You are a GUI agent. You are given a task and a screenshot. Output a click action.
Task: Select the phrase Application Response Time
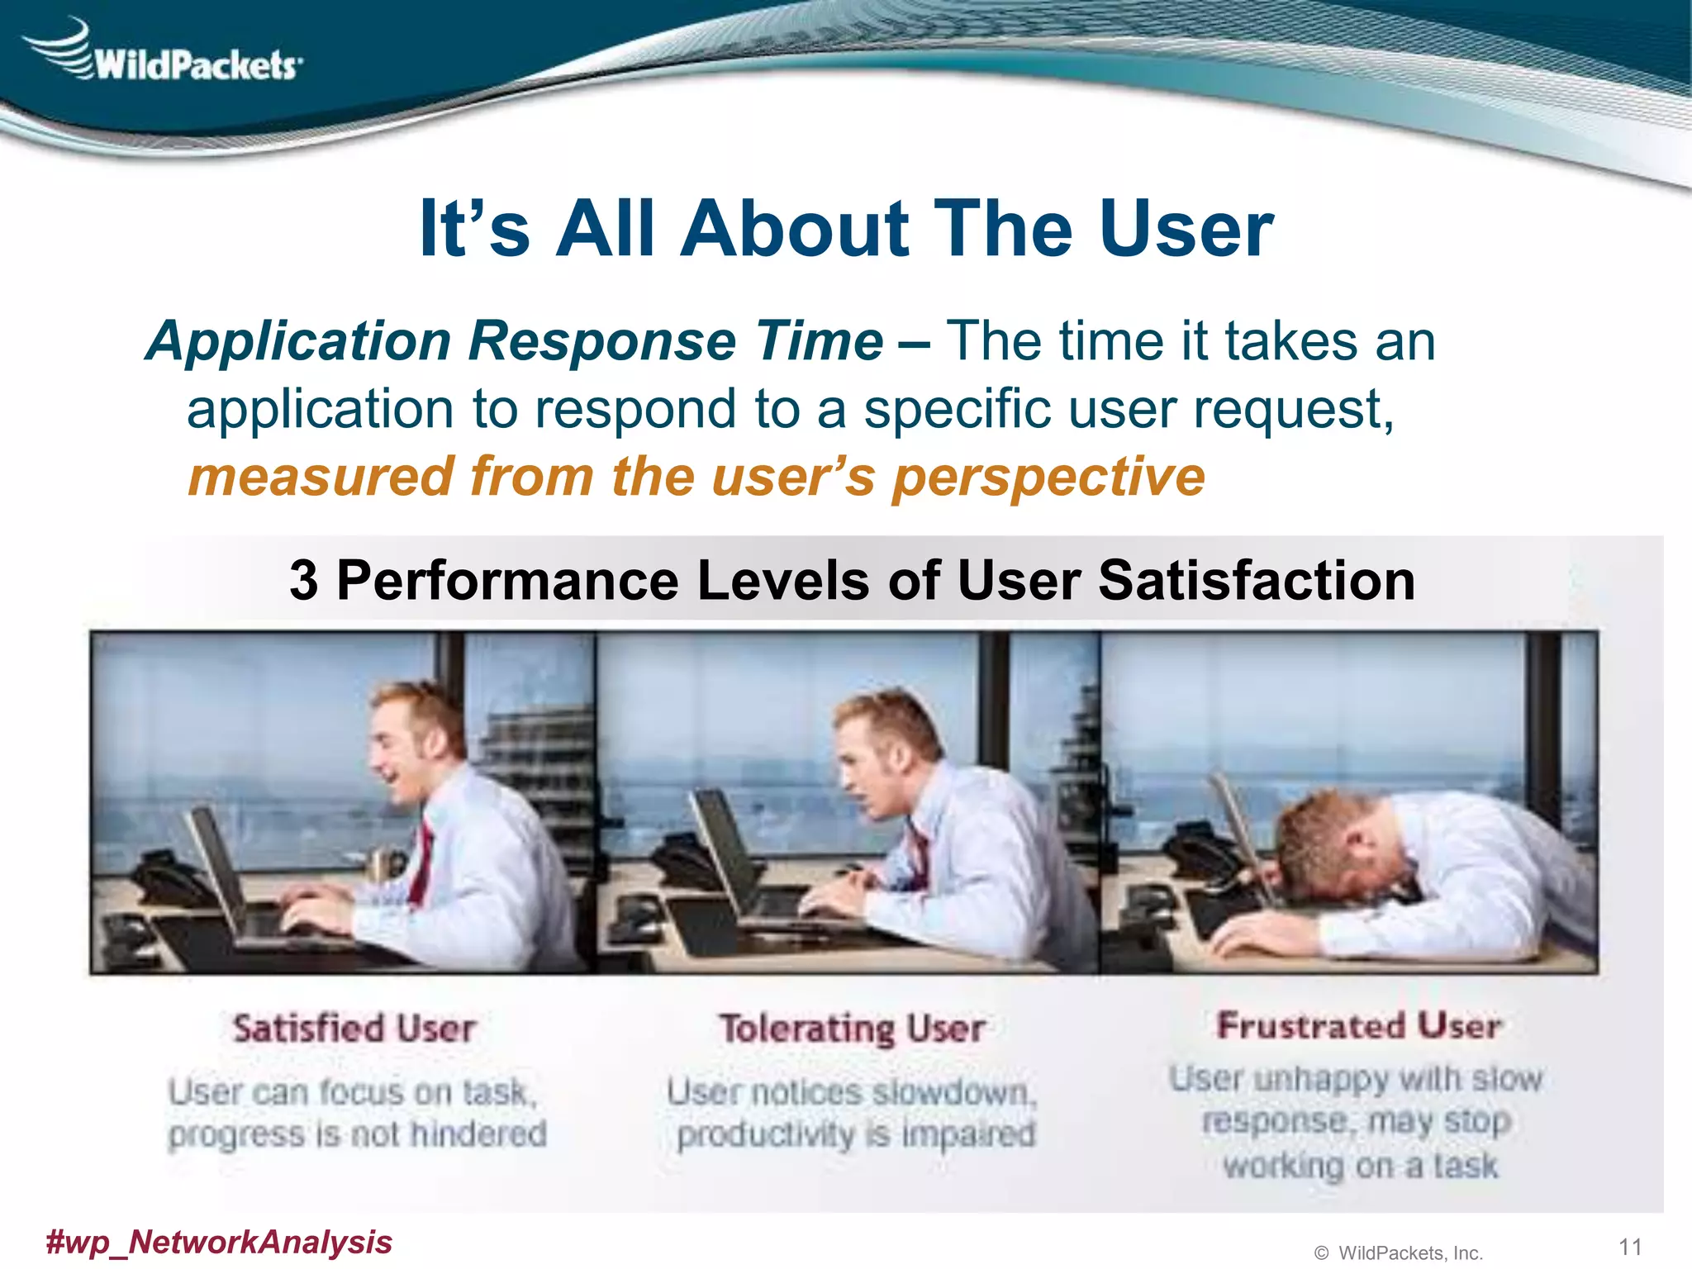point(515,341)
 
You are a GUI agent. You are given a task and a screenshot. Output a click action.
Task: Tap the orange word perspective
point(1049,478)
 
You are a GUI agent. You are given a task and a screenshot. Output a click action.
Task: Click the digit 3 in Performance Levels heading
point(303,581)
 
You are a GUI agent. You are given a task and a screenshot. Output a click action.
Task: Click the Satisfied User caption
point(354,1029)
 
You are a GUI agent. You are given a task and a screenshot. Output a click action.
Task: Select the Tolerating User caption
point(852,1029)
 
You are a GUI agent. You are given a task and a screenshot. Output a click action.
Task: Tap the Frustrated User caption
point(1358,1026)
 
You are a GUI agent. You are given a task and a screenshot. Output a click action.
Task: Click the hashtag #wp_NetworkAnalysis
point(219,1242)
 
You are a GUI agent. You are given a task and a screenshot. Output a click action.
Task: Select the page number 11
point(1629,1247)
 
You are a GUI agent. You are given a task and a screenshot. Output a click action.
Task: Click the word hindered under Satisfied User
point(478,1134)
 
